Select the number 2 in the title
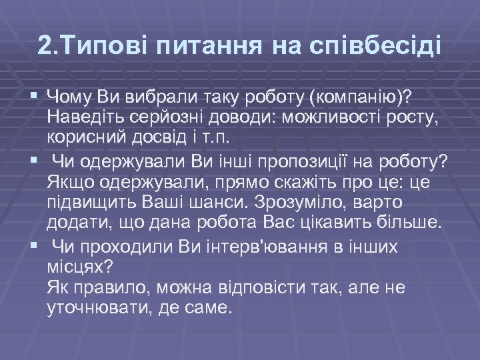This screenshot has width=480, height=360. click(x=45, y=47)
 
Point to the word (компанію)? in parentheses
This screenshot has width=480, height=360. click(x=359, y=100)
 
